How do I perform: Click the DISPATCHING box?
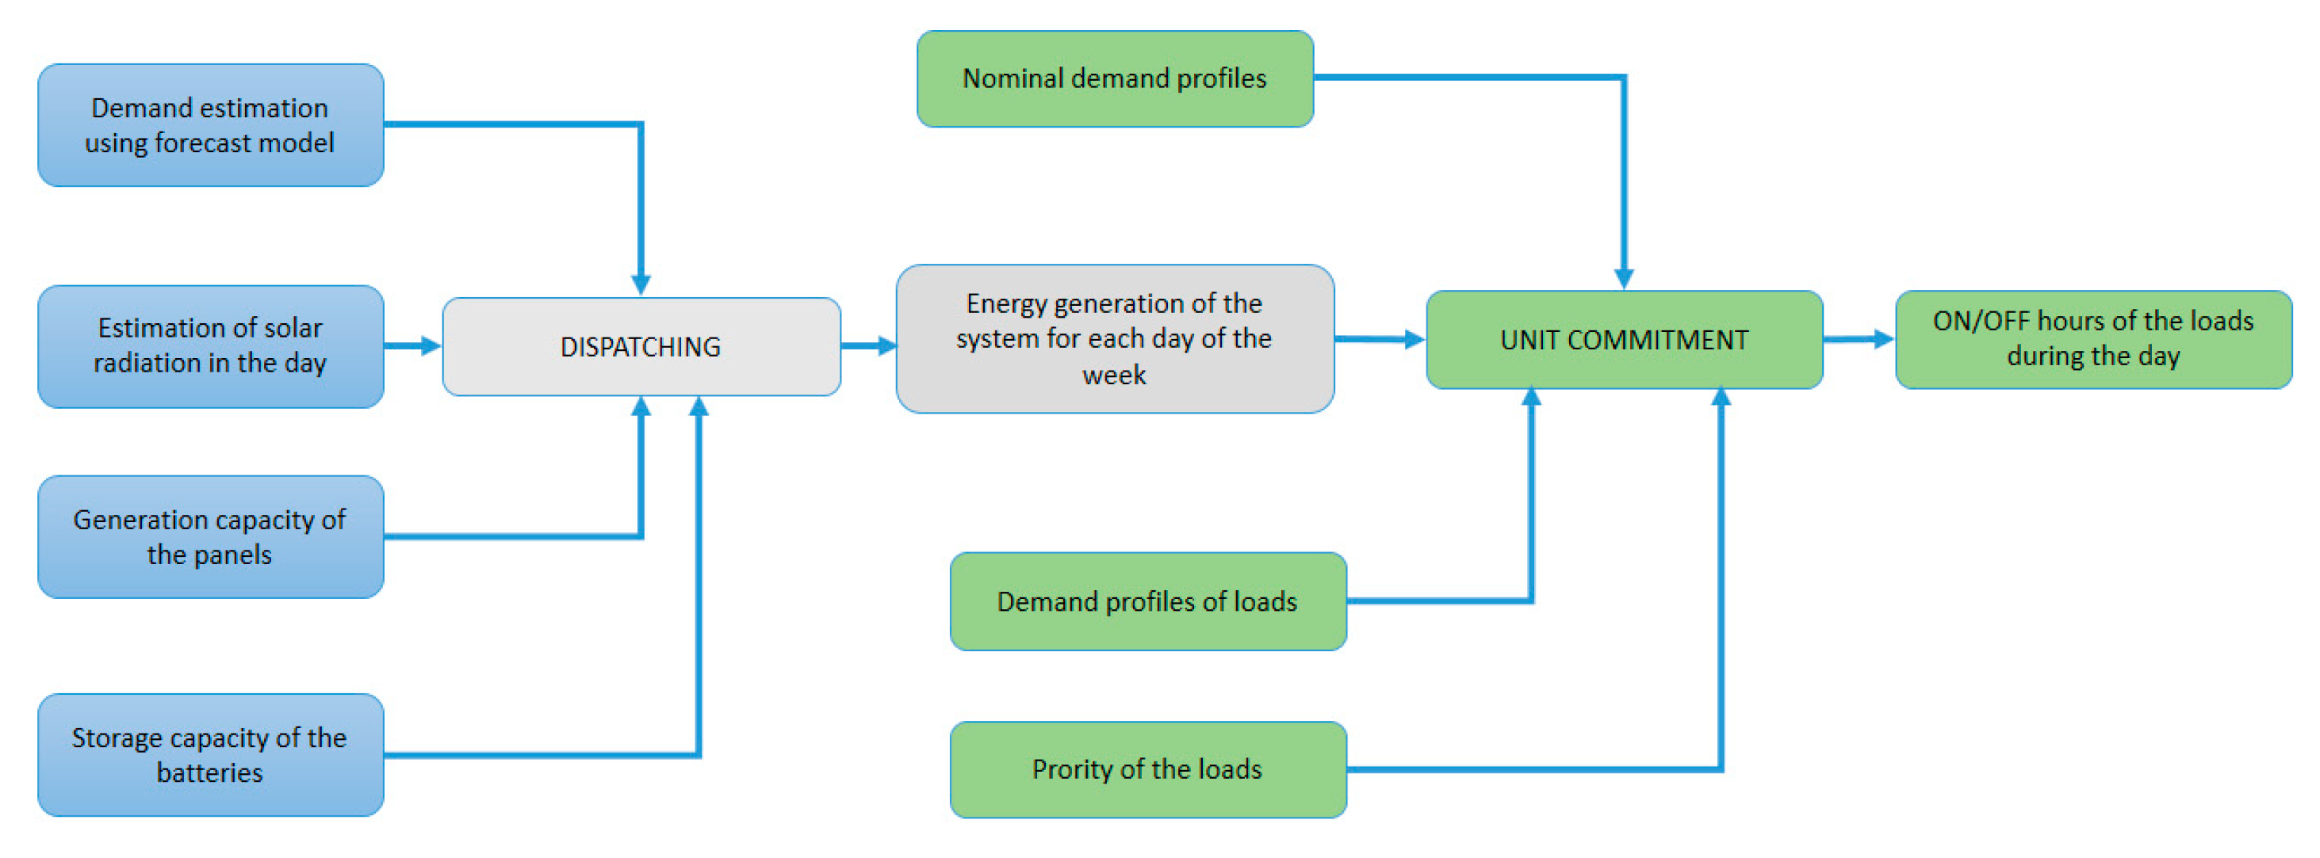(641, 347)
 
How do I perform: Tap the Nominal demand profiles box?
(1114, 78)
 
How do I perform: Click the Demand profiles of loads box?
(1147, 601)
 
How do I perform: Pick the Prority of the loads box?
(1147, 768)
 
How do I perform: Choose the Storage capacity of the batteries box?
(210, 754)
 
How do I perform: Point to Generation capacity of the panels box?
(210, 536)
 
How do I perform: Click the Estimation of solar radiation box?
(210, 345)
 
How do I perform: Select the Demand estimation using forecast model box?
(210, 125)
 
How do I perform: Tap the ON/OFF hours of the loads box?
(2093, 338)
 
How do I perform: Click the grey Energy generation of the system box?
(1114, 338)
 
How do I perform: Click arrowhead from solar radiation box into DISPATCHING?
(430, 345)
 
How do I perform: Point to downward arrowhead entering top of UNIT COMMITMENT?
(1624, 278)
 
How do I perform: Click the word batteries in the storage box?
(210, 773)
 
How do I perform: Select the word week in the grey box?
(1114, 375)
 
